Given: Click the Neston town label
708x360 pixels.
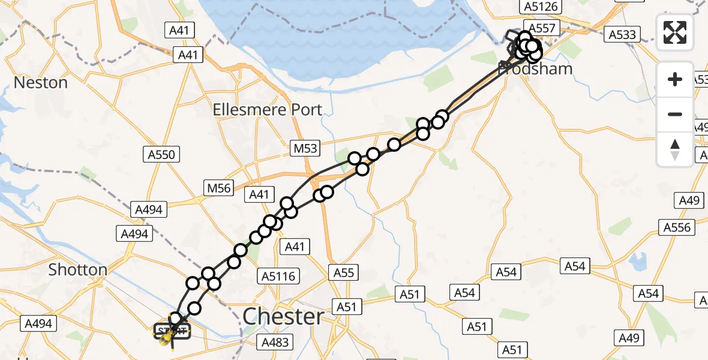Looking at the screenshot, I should pyautogui.click(x=41, y=82).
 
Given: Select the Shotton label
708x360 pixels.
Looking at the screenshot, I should pyautogui.click(x=78, y=270).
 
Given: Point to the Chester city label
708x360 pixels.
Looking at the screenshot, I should pyautogui.click(x=284, y=316).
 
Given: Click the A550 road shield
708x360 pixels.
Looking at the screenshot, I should pyautogui.click(x=161, y=155).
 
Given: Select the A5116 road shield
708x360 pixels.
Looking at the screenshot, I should pyautogui.click(x=279, y=276).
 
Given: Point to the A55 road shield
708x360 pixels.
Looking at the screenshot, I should pyautogui.click(x=344, y=273).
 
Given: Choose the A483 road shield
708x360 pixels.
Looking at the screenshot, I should pyautogui.click(x=275, y=343).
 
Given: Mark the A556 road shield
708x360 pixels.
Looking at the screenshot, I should pyautogui.click(x=679, y=227).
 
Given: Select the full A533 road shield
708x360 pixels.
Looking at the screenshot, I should pyautogui.click(x=622, y=35).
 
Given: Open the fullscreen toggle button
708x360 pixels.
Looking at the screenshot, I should pyautogui.click(x=675, y=32).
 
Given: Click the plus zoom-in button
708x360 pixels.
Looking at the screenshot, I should pyautogui.click(x=675, y=79).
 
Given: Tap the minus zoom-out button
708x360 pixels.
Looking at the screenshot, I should pyautogui.click(x=675, y=114).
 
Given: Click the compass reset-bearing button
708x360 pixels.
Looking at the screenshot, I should pyautogui.click(x=675, y=149).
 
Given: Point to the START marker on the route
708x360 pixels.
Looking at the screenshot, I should pyautogui.click(x=172, y=331).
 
